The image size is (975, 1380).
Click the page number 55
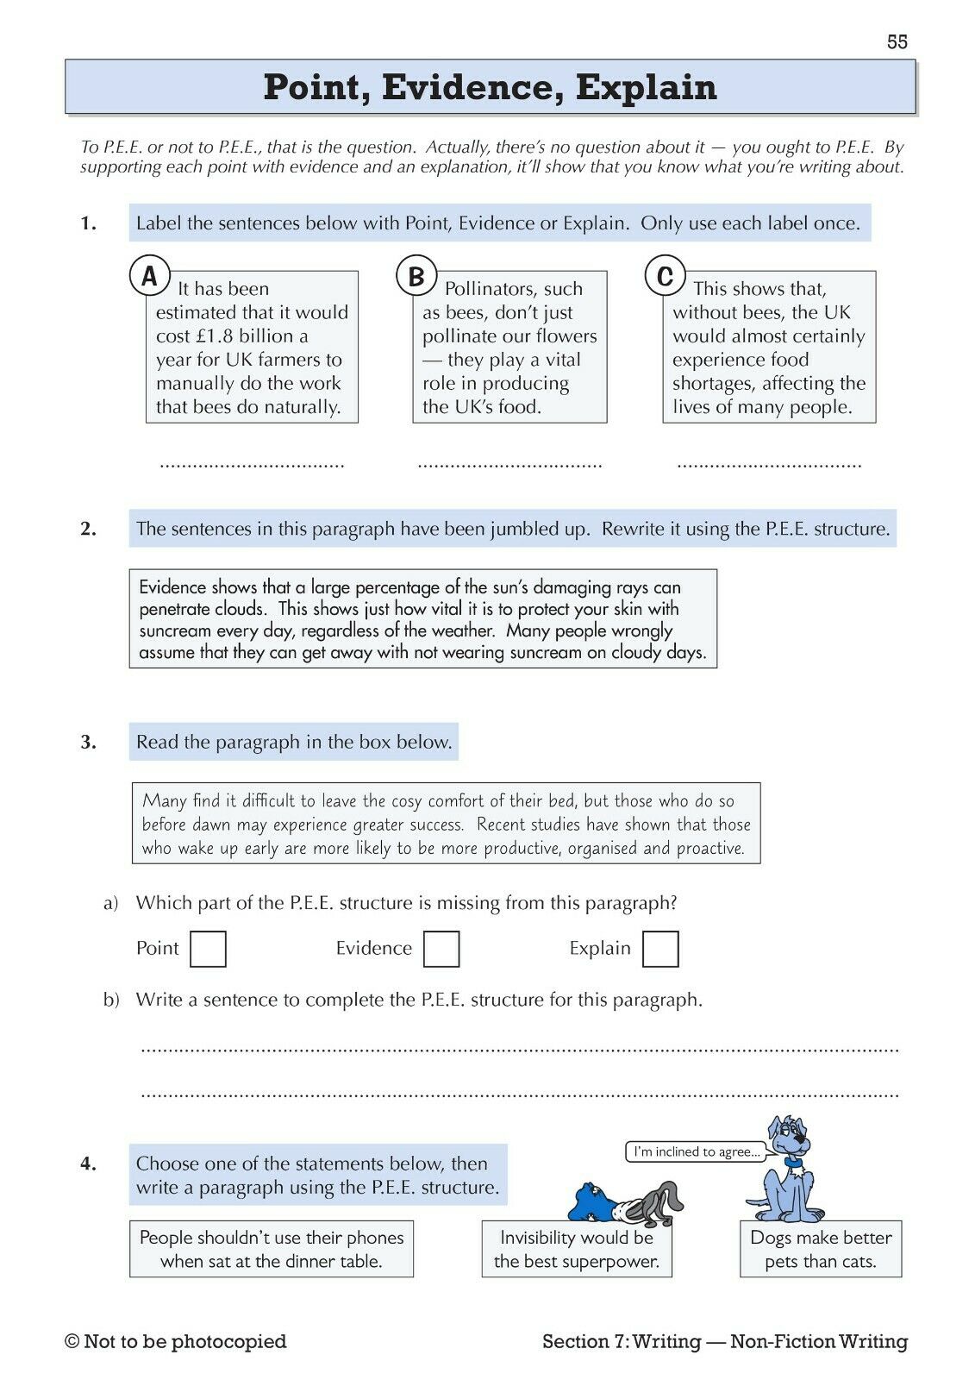[897, 42]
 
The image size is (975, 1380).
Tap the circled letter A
[149, 276]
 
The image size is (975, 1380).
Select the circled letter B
[416, 276]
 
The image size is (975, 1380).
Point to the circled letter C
[665, 276]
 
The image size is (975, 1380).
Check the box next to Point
[208, 949]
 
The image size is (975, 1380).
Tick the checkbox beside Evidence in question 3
[441, 949]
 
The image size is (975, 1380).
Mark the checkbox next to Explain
[660, 949]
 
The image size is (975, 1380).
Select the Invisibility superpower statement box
[576, 1249]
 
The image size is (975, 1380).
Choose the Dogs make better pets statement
[821, 1249]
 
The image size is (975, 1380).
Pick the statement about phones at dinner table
[272, 1249]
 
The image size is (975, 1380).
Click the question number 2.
[89, 529]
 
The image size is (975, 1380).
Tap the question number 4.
[89, 1164]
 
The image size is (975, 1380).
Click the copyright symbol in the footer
[72, 1342]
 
